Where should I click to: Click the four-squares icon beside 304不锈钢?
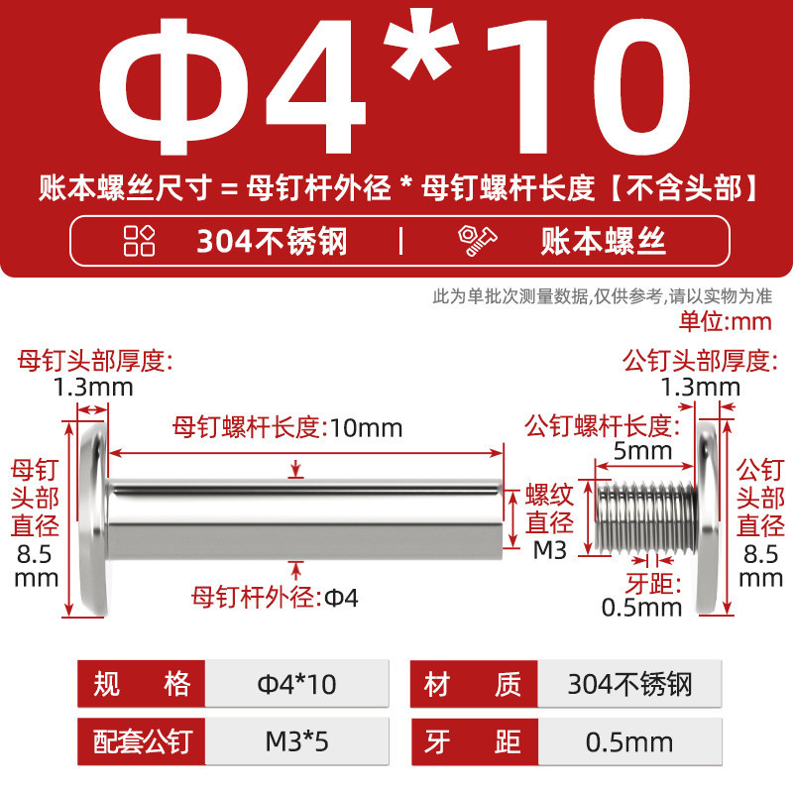pyautogui.click(x=139, y=240)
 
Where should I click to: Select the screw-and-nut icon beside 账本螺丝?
pyautogui.click(x=477, y=241)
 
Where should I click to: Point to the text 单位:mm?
pyautogui.click(x=726, y=321)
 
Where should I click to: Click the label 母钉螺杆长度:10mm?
pyautogui.click(x=287, y=428)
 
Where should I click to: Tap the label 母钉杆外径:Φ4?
pyautogui.click(x=275, y=598)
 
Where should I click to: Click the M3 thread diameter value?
pyautogui.click(x=550, y=550)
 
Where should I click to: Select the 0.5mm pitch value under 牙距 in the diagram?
pyautogui.click(x=641, y=608)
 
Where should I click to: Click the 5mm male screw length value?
pyautogui.click(x=642, y=451)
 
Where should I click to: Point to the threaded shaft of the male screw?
pyautogui.click(x=646, y=517)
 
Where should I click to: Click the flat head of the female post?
pyautogui.click(x=94, y=518)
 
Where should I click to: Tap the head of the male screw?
pyautogui.click(x=707, y=518)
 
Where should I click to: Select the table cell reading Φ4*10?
pyautogui.click(x=296, y=684)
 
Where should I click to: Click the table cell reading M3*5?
pyautogui.click(x=296, y=741)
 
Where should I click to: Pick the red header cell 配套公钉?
pyautogui.click(x=142, y=741)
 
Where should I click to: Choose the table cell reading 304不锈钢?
pyautogui.click(x=629, y=684)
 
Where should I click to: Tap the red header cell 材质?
pyautogui.click(x=474, y=684)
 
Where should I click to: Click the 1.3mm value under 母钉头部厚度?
pyautogui.click(x=93, y=388)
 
